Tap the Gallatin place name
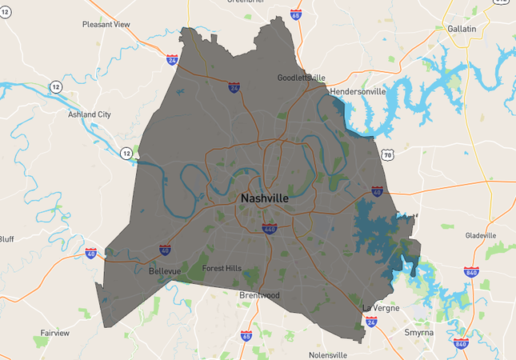(462, 29)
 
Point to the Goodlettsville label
(302, 78)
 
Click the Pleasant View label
(106, 25)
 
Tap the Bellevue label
(165, 272)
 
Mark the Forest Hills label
(222, 269)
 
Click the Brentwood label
(260, 295)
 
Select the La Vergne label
(380, 308)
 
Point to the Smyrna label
(418, 330)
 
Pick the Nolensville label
(328, 354)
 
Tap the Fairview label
(55, 332)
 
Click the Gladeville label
(480, 235)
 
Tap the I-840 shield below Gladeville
(471, 272)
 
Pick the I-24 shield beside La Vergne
(371, 322)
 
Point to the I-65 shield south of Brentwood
(246, 335)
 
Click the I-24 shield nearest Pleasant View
(173, 59)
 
